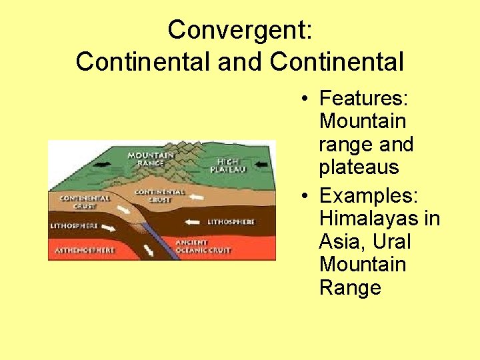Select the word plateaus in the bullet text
pos(359,167)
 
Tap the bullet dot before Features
pos(303,99)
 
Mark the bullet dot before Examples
pos(303,197)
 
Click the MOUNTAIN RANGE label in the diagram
pos(151,159)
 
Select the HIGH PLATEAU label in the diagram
pos(228,165)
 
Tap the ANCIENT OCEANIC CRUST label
pos(202,246)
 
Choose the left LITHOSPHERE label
pos(74,225)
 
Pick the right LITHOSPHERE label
pos(230,221)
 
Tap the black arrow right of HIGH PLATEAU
pos(262,163)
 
